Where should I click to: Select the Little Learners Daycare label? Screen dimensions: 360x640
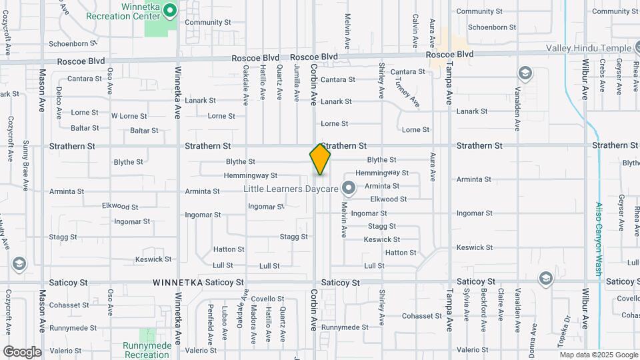[x=291, y=189]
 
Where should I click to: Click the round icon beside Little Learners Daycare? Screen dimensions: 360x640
[x=347, y=188]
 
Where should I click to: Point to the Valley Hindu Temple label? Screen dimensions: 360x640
[x=589, y=48]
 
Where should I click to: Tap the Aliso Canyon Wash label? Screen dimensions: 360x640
[x=598, y=239]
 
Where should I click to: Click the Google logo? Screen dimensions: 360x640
[x=22, y=351]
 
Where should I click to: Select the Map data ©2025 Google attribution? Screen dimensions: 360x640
[x=598, y=355]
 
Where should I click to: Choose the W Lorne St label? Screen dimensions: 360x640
[x=129, y=116]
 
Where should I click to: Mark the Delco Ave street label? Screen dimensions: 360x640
[x=59, y=99]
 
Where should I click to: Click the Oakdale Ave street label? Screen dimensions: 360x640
[x=245, y=85]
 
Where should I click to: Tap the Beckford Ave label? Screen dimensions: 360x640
[x=484, y=311]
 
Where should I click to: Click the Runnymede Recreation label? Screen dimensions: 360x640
[x=147, y=350]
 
